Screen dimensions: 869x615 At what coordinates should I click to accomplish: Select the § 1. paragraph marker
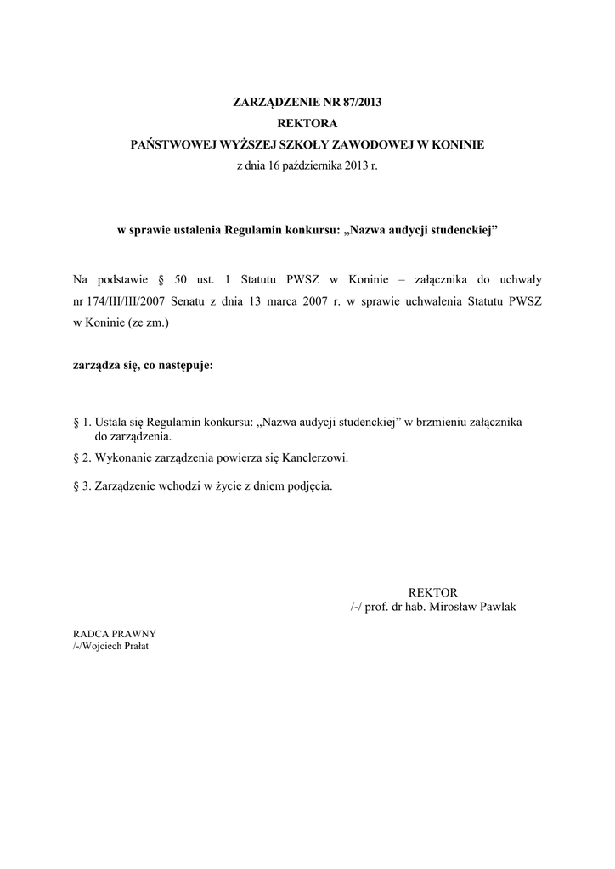point(82,422)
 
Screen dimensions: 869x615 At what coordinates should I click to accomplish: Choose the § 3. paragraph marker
point(82,486)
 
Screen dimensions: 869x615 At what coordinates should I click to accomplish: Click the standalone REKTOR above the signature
point(433,591)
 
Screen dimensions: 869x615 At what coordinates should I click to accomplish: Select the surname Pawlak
point(496,608)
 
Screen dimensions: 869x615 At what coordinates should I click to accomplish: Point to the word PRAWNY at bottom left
point(135,634)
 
